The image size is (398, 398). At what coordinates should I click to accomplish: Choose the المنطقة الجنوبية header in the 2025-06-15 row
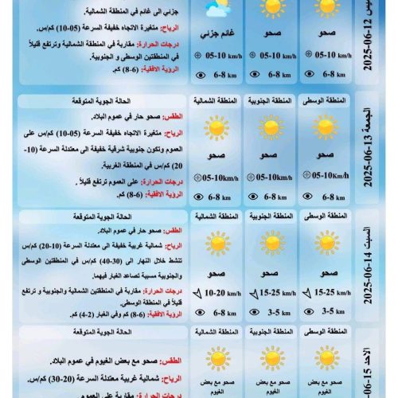[271, 332]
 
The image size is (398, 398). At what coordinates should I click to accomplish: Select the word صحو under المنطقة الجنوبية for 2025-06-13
[271, 158]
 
